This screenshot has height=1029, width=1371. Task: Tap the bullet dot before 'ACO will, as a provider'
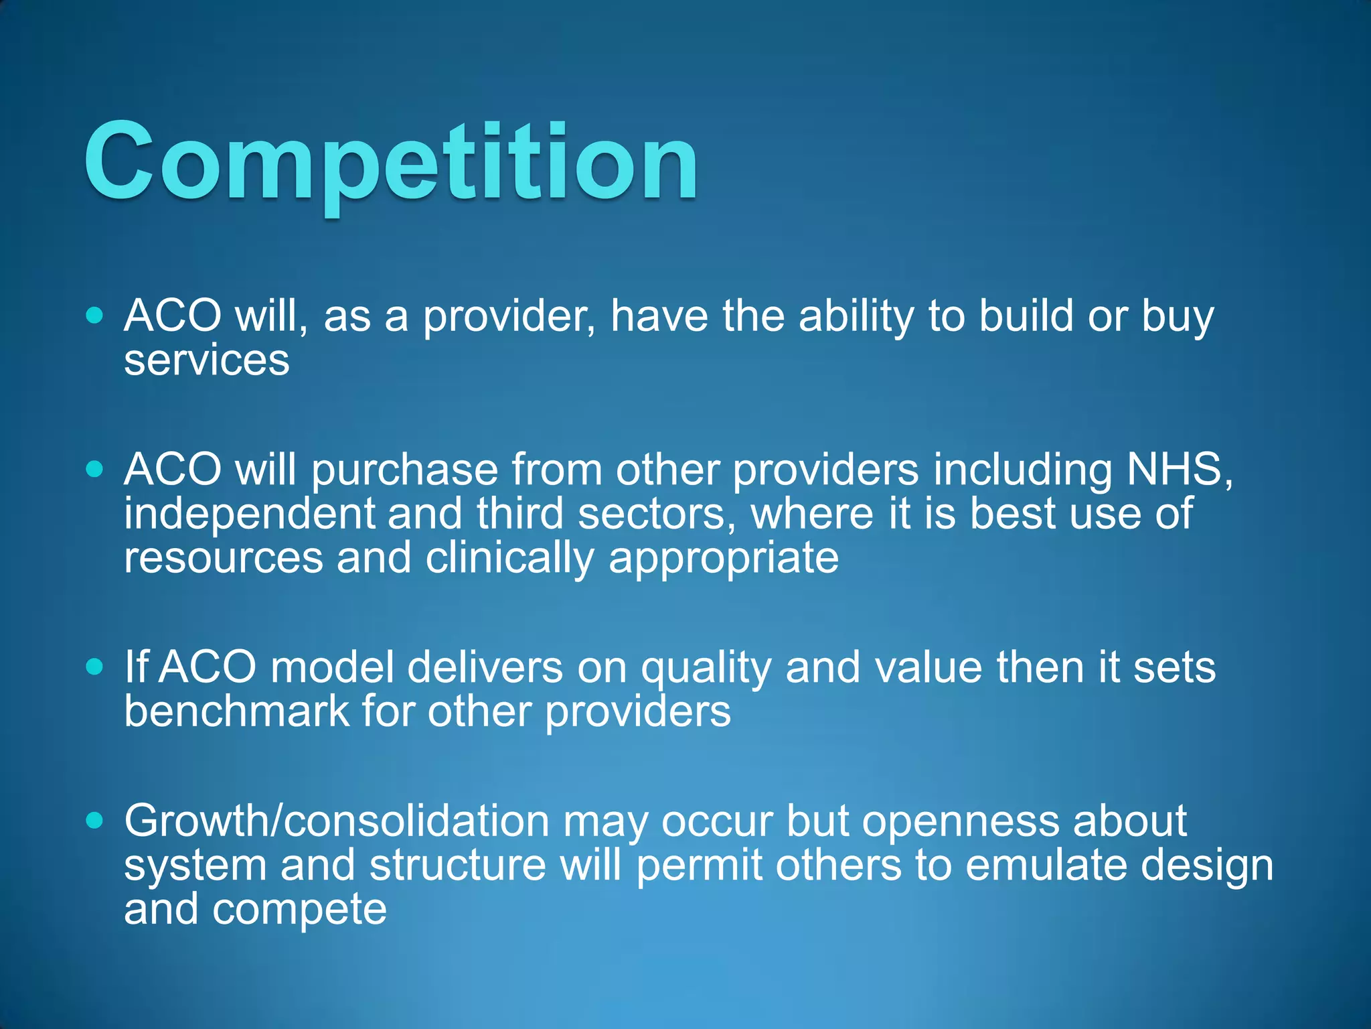[95, 316]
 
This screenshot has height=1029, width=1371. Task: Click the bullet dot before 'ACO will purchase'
[95, 469]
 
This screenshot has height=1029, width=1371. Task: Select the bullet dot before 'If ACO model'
[95, 667]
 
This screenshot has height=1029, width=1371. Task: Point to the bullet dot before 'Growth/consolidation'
[95, 820]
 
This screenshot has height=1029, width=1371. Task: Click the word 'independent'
[248, 514]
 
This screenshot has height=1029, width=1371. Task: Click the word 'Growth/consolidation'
[337, 821]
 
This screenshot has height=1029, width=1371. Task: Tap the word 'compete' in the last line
[299, 910]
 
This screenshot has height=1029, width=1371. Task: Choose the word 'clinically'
[509, 558]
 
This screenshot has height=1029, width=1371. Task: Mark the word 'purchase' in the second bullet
[405, 470]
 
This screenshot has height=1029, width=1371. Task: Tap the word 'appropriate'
[723, 559]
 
